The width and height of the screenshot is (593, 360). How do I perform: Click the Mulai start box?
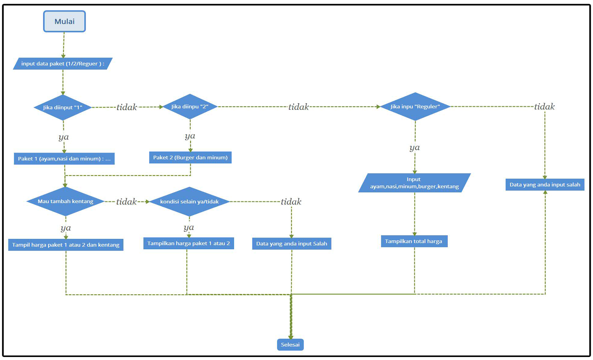point(64,21)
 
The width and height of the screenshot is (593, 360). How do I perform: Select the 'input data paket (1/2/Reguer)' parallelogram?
point(63,64)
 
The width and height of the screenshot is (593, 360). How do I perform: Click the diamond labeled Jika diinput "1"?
point(63,107)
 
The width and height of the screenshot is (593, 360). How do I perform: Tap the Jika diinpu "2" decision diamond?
point(190,107)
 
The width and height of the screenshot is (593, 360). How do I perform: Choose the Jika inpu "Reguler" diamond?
point(415,107)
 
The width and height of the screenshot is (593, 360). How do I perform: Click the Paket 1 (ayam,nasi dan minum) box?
point(64,159)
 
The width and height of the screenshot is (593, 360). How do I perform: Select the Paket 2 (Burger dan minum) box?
point(190,157)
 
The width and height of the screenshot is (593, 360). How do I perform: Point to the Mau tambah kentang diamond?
point(66,201)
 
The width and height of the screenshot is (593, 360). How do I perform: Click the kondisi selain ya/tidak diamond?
point(189,201)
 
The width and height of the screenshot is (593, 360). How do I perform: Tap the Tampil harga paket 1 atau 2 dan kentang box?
point(66,245)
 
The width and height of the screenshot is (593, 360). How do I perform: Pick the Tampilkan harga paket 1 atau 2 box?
point(188,243)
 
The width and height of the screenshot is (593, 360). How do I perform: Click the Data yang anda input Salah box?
point(292,244)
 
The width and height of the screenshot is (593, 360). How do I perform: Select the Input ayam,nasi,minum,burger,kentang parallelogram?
point(414,183)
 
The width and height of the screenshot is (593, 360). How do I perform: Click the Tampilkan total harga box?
point(414,241)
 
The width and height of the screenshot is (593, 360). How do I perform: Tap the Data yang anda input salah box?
point(545,184)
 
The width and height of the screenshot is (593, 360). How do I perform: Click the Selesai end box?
point(290,345)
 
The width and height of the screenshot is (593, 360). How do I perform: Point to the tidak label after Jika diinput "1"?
point(127,107)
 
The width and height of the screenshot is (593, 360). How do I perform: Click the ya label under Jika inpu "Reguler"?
point(415,148)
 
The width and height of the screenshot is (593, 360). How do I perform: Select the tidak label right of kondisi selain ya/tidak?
point(291,202)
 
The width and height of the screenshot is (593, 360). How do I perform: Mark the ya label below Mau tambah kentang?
point(66,228)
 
